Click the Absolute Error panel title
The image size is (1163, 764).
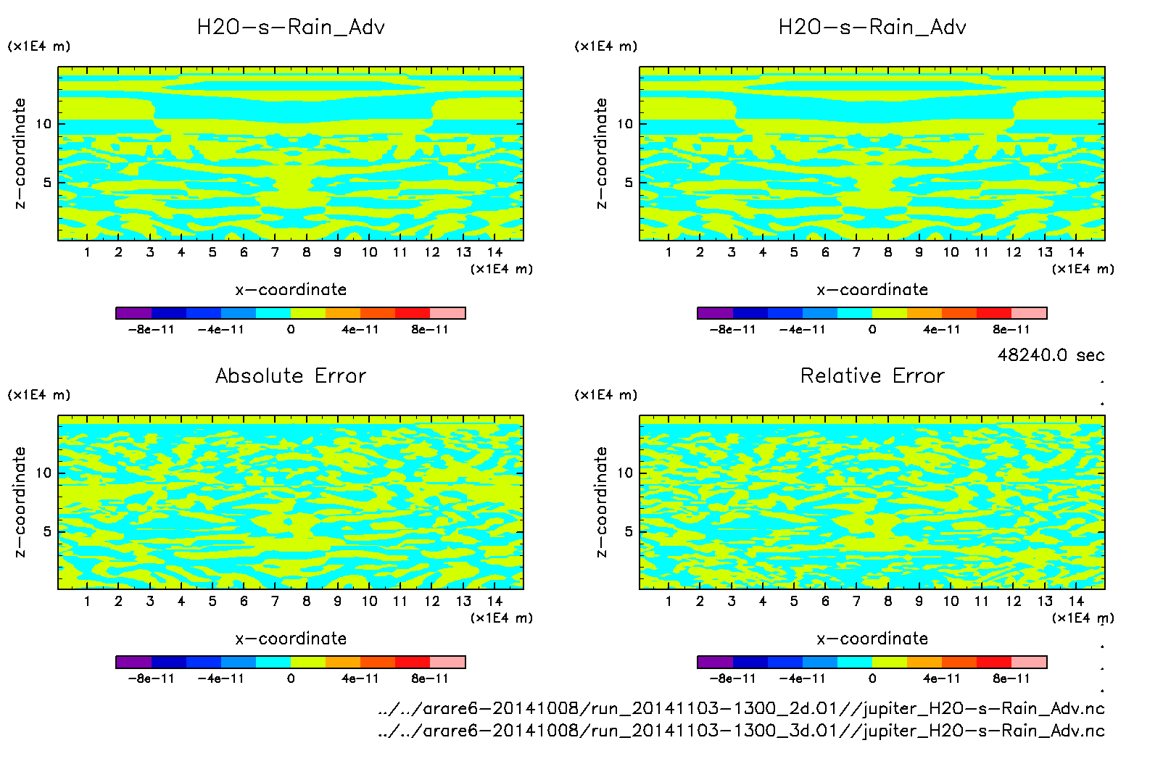[291, 375]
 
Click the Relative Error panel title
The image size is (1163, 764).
[872, 375]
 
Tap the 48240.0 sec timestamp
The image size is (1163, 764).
[1051, 355]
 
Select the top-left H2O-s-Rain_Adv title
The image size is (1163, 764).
[291, 28]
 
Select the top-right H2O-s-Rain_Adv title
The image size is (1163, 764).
[872, 28]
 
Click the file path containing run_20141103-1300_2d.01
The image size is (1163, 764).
[741, 708]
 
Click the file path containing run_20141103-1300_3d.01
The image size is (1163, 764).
[741, 731]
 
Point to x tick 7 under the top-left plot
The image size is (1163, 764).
[275, 252]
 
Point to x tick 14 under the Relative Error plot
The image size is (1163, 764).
[1076, 601]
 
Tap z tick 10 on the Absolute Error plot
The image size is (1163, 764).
[44, 473]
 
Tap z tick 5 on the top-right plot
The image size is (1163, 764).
[629, 183]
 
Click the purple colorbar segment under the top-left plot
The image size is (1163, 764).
[133, 313]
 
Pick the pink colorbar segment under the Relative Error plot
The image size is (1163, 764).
[1029, 662]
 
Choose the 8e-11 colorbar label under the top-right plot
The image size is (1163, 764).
[1011, 330]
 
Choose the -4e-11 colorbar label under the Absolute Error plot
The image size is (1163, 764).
[221, 678]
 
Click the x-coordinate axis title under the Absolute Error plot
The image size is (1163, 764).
[291, 639]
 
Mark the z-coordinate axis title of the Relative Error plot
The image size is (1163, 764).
[601, 502]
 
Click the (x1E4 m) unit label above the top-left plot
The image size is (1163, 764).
[39, 46]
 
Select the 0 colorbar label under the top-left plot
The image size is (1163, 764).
[291, 330]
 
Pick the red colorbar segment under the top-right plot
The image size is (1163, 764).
[993, 313]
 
